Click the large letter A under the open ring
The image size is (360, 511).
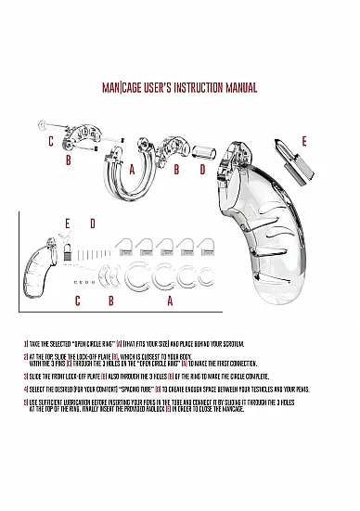pos(132,170)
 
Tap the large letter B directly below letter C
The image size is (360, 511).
pos(69,160)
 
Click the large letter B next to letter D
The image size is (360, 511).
pos(176,170)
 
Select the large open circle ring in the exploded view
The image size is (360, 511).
pos(126,185)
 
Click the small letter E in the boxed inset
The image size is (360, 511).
pos(67,224)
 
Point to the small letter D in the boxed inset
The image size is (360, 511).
pos(92,224)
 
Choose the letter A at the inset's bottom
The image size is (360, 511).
pos(169,301)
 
